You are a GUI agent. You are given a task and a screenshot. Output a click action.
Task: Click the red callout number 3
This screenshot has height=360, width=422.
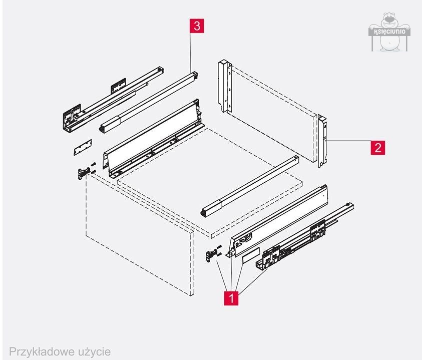tap(197, 26)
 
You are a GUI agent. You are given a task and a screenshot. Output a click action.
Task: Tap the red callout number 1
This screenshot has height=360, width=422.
tap(231, 297)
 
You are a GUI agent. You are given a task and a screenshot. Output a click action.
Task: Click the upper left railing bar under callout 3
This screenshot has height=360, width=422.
tap(150, 100)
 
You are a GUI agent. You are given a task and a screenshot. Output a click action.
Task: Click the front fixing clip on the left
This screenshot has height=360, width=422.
tap(83, 172)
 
